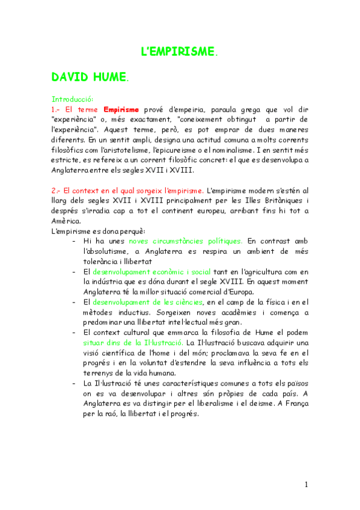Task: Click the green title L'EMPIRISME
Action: [180, 52]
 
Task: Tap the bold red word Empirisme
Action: [121, 109]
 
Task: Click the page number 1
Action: [306, 485]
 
